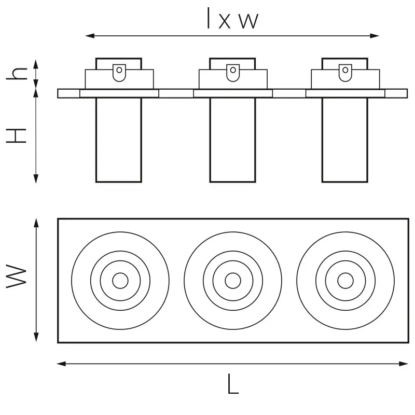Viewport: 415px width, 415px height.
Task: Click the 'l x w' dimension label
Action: point(232,18)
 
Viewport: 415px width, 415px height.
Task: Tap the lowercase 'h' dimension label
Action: point(17,74)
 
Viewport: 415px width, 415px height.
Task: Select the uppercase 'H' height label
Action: point(17,136)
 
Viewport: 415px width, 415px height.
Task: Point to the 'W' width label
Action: point(17,276)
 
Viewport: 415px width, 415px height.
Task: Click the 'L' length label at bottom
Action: point(233,384)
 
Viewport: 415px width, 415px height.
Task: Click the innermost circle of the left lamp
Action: point(120,281)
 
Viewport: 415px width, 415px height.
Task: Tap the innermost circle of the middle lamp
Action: point(233,281)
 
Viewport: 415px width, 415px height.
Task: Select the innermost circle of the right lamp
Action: point(345,281)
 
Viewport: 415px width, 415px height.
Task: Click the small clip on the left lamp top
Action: point(119,73)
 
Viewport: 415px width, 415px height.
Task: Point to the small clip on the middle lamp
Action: point(233,73)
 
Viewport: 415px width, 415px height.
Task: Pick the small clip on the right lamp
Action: point(345,73)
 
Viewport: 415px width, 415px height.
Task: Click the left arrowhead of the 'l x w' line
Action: point(90,36)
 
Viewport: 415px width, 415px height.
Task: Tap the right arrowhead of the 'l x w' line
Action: point(375,36)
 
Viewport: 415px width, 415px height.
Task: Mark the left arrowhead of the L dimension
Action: point(61,364)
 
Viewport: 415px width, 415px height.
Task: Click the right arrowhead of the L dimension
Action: point(404,364)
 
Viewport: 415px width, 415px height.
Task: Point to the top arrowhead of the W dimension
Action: point(36,223)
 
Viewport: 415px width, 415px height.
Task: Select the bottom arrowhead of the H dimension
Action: point(36,178)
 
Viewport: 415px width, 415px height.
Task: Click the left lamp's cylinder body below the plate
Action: point(119,140)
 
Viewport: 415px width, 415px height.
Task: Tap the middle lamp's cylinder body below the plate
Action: point(232,140)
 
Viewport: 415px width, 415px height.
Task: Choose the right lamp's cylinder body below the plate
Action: point(345,140)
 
